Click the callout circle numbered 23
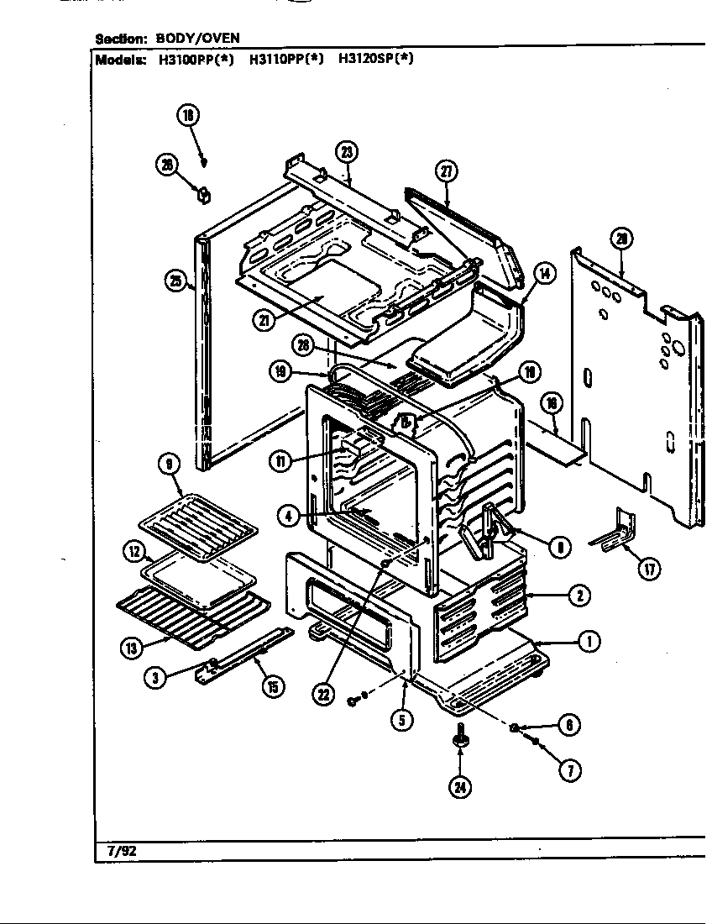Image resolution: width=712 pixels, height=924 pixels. [x=346, y=152]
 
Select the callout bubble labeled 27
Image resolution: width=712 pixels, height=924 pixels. [x=446, y=171]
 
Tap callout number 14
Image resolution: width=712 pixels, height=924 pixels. [x=544, y=273]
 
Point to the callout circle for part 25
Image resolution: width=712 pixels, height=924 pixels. [x=175, y=282]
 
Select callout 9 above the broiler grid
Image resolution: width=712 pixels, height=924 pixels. [x=169, y=463]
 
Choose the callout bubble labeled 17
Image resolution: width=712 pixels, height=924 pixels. [x=648, y=569]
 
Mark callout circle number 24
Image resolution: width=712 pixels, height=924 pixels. [x=461, y=787]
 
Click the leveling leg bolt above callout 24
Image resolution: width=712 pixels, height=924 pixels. [x=460, y=736]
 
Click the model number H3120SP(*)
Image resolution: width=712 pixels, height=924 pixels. [x=375, y=60]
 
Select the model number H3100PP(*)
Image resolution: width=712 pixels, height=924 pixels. [x=195, y=60]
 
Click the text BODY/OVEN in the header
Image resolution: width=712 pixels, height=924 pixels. [x=198, y=39]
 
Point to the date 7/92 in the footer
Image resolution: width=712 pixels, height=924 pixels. [x=121, y=850]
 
